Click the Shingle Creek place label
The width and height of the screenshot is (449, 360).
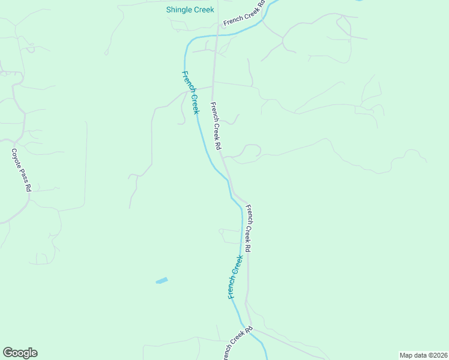point(190,10)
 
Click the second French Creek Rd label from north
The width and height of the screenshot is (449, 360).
point(215,125)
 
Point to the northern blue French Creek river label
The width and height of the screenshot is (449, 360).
point(190,92)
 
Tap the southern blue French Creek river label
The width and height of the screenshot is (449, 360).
point(235,277)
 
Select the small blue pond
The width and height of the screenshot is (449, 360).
point(161,280)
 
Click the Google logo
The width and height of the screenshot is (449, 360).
point(20,353)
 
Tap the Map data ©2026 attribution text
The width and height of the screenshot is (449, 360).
point(423,355)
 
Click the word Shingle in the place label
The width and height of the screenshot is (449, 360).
point(178,10)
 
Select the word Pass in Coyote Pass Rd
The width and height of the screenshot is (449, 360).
point(23,175)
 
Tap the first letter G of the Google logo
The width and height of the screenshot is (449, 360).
point(8,353)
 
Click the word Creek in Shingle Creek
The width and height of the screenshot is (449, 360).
point(203,10)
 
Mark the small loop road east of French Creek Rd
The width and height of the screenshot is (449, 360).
point(251,150)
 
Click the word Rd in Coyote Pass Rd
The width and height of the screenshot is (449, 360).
point(28,187)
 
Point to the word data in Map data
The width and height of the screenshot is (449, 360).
point(416,355)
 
